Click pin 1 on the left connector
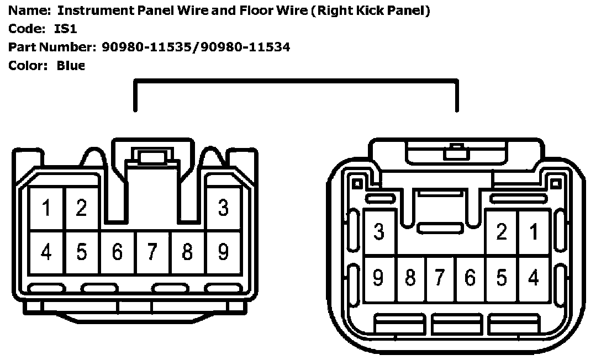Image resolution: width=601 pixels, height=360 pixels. click(x=47, y=208)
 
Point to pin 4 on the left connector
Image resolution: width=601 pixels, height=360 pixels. click(x=47, y=252)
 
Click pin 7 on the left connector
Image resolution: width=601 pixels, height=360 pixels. click(x=152, y=252)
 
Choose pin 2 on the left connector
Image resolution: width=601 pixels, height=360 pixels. click(x=82, y=208)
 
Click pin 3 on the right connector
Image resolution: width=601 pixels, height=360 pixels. click(x=379, y=232)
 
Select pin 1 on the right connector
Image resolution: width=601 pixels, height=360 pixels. click(x=534, y=232)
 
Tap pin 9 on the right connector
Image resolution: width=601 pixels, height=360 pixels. click(x=379, y=278)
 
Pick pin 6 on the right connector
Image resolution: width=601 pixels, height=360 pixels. click(x=470, y=278)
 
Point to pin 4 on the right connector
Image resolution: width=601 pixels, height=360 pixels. click(x=534, y=278)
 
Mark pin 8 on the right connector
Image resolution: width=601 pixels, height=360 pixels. click(x=410, y=278)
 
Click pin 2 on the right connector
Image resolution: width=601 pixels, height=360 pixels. click(x=502, y=232)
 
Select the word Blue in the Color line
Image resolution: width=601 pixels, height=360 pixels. click(x=71, y=66)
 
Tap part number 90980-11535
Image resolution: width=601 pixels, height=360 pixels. click(x=149, y=47)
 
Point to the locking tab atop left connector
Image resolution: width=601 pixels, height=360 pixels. click(x=146, y=157)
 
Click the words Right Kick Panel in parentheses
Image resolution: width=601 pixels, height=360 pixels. click(x=370, y=10)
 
